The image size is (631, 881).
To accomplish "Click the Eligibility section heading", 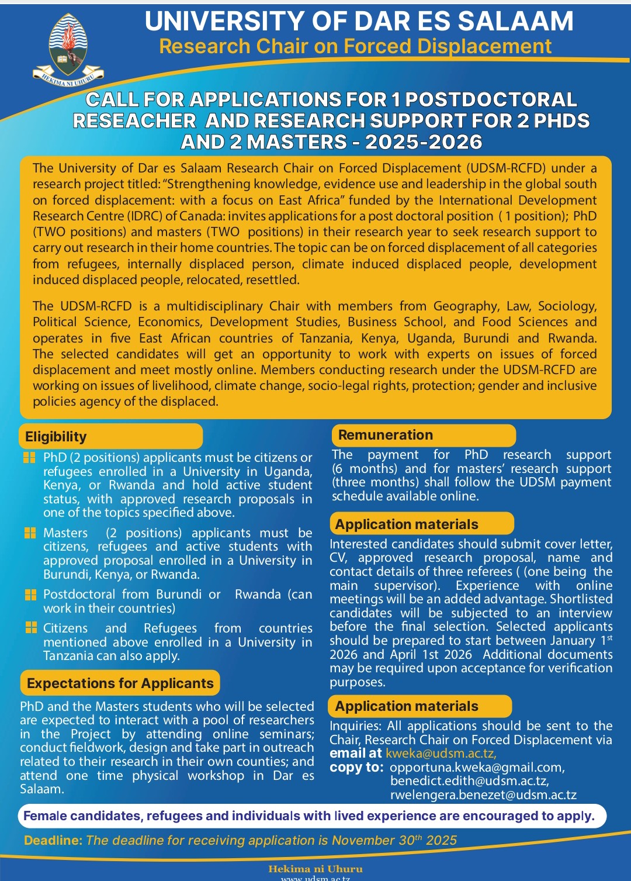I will tap(56, 437).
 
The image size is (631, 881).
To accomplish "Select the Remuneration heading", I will tap(386, 435).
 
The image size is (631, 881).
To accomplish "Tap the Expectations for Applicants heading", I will tap(120, 683).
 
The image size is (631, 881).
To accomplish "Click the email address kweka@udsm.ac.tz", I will tap(441, 754).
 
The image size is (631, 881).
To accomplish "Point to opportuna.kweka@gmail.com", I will tap(477, 768).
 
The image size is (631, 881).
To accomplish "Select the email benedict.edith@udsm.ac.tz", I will tap(470, 781).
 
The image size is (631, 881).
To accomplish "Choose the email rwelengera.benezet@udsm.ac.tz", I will tap(483, 795).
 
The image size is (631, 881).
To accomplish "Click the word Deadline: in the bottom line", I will tap(53, 841).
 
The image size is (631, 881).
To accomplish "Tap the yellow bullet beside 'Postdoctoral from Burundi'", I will tap(30, 595).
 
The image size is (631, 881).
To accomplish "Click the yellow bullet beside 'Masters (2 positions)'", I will tap(30, 533).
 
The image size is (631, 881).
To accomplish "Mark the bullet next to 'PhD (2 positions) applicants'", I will tap(29, 458).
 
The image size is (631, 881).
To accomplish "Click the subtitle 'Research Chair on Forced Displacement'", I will tap(355, 46).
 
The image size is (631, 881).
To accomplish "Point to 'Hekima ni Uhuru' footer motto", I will tap(315, 869).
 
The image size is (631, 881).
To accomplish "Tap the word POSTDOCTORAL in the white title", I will tap(491, 100).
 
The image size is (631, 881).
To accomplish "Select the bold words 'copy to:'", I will tap(356, 768).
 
